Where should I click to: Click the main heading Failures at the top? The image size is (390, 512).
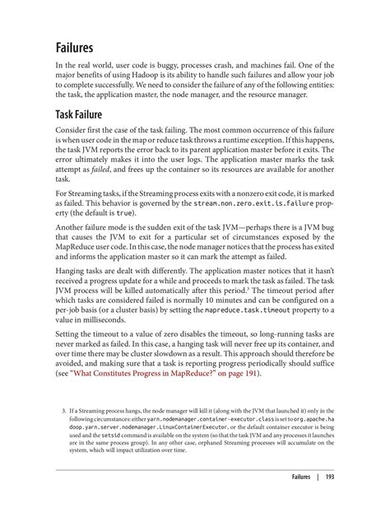(76, 49)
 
